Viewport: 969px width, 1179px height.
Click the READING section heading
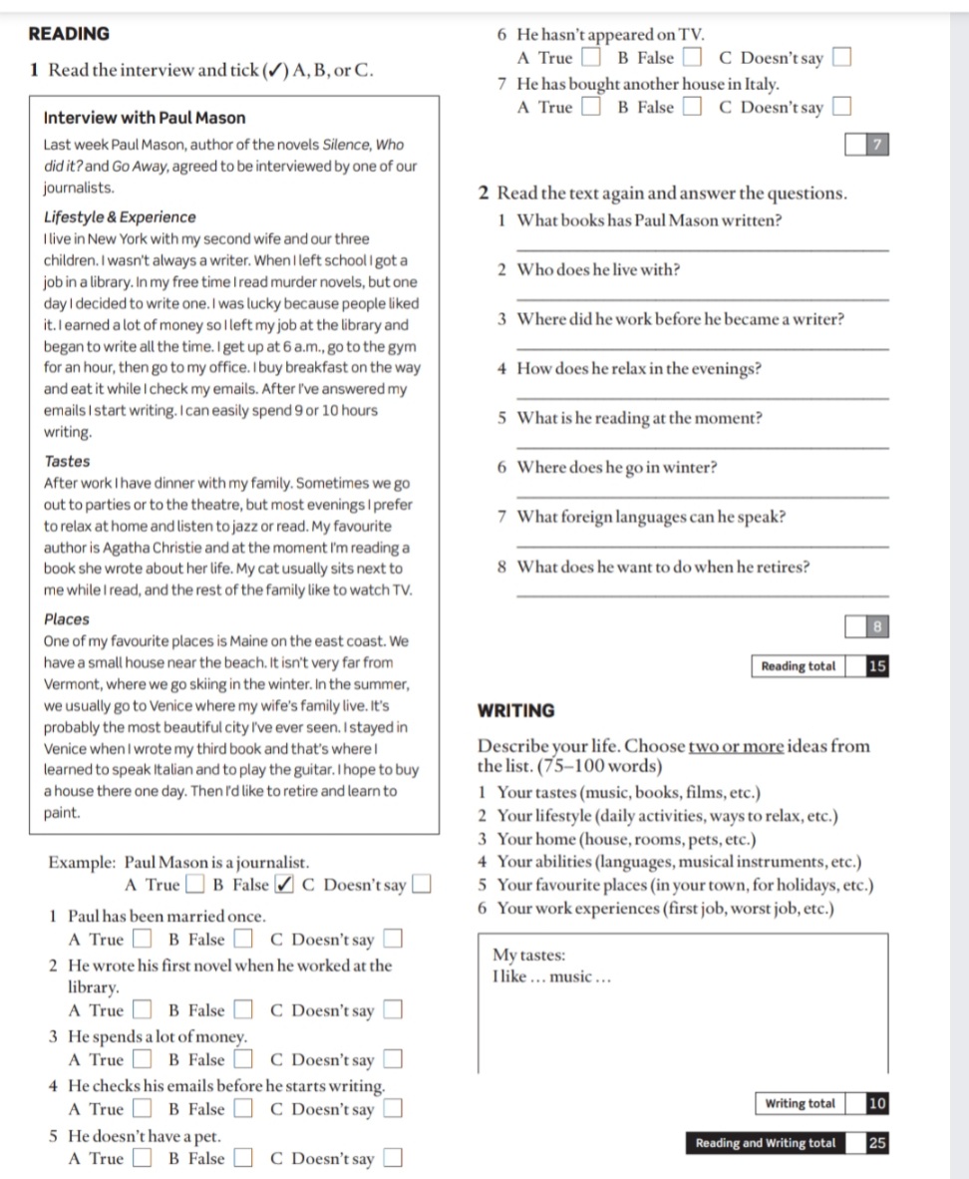click(x=70, y=34)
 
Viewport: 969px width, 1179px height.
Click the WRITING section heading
click(x=516, y=711)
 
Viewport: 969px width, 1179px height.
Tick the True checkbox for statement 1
click(x=144, y=939)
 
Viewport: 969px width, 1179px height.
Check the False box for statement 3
click(x=243, y=1059)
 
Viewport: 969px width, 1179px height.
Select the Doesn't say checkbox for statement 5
click(x=394, y=1159)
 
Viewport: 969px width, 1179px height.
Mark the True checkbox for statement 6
click(x=592, y=59)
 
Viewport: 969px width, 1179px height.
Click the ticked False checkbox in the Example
click(x=284, y=885)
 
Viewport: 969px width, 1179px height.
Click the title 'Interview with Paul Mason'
click(x=145, y=118)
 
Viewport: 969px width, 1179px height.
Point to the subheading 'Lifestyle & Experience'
click(x=120, y=217)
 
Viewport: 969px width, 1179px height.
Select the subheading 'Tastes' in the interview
click(x=67, y=462)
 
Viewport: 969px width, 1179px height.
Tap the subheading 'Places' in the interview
click(x=67, y=619)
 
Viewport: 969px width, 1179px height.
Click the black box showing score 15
click(x=876, y=666)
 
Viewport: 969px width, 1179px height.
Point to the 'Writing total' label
click(x=800, y=1103)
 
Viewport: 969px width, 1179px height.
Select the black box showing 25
click(x=876, y=1143)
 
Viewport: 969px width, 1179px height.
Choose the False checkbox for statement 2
click(x=243, y=1010)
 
